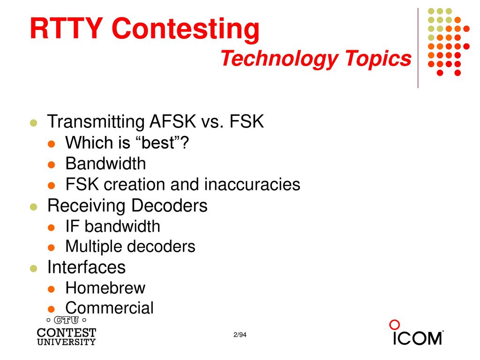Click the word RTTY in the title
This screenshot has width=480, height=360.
[x=67, y=28]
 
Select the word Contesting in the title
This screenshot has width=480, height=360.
[x=186, y=30]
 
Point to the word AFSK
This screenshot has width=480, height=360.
[x=172, y=121]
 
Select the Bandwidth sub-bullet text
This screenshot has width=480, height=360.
[x=105, y=163]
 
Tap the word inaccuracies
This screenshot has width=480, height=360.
[x=252, y=184]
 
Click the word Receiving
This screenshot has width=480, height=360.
[x=86, y=206]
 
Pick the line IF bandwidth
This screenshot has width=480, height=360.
[x=112, y=226]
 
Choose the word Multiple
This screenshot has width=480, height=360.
[x=94, y=247]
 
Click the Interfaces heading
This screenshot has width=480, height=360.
[x=86, y=267]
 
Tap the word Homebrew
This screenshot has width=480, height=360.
[x=105, y=288]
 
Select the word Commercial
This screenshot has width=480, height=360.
[x=109, y=308]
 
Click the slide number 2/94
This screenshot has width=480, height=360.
[x=240, y=335]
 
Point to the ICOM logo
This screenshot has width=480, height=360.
[x=416, y=333]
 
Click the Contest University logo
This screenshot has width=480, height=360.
[x=67, y=331]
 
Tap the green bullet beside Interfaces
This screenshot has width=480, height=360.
[x=34, y=269]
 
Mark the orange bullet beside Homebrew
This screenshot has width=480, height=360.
[x=52, y=289]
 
